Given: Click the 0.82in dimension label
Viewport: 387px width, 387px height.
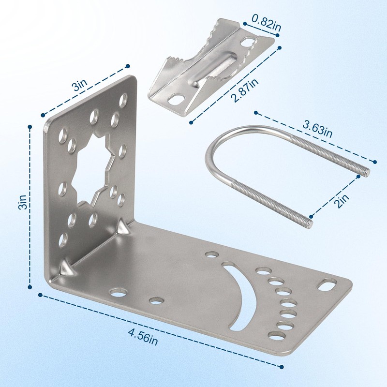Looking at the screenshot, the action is coord(267,23).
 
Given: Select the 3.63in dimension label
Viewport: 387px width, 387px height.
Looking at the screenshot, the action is coord(317,129).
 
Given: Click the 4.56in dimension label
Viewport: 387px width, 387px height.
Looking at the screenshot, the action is coord(143,336).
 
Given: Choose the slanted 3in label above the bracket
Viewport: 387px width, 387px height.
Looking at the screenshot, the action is coord(79,85).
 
